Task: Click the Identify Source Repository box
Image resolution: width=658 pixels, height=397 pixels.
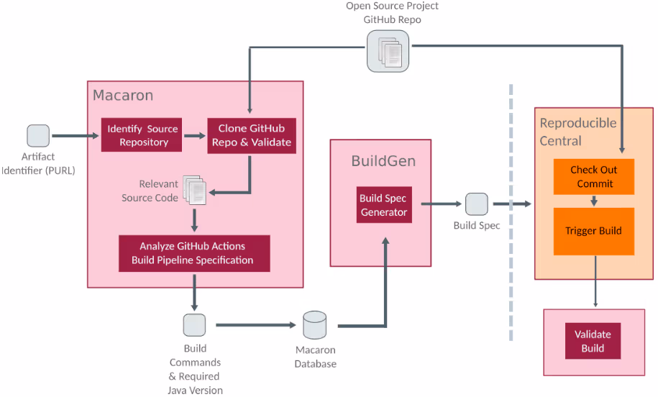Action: click(142, 135)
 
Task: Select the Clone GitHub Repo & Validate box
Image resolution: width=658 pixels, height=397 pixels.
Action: click(251, 135)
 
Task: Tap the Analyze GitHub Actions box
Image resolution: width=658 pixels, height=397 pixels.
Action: click(194, 253)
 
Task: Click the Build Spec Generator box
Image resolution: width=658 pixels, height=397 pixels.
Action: click(384, 205)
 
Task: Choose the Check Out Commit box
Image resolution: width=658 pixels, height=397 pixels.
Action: click(594, 176)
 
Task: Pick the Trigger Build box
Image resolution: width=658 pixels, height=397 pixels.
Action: click(594, 231)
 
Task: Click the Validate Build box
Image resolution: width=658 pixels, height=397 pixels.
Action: click(593, 341)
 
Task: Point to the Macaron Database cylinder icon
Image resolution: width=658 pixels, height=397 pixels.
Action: click(315, 326)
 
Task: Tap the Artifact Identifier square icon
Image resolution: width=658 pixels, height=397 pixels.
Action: click(38, 135)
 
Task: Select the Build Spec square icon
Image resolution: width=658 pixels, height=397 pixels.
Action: click(476, 204)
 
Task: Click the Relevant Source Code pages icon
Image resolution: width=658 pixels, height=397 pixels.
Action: click(194, 188)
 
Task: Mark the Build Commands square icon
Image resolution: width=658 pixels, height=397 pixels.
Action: click(194, 325)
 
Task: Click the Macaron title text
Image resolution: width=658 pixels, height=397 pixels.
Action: click(123, 96)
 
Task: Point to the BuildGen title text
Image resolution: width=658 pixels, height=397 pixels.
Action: click(383, 161)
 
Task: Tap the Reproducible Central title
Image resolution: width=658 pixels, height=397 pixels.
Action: click(577, 132)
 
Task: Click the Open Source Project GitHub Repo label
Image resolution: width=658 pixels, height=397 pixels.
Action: click(392, 13)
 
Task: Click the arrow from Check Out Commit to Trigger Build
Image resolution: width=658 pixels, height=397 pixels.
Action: click(594, 201)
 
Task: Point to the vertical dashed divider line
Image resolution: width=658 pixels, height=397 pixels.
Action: click(511, 216)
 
